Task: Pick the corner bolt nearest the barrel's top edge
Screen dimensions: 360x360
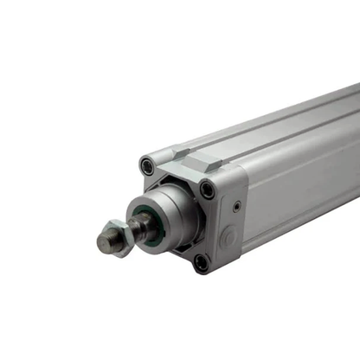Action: [x=207, y=189]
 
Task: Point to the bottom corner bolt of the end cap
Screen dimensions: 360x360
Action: [x=201, y=260]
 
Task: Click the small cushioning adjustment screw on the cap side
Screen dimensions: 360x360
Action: [x=236, y=205]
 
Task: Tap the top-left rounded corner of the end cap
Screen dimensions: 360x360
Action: [x=143, y=159]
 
